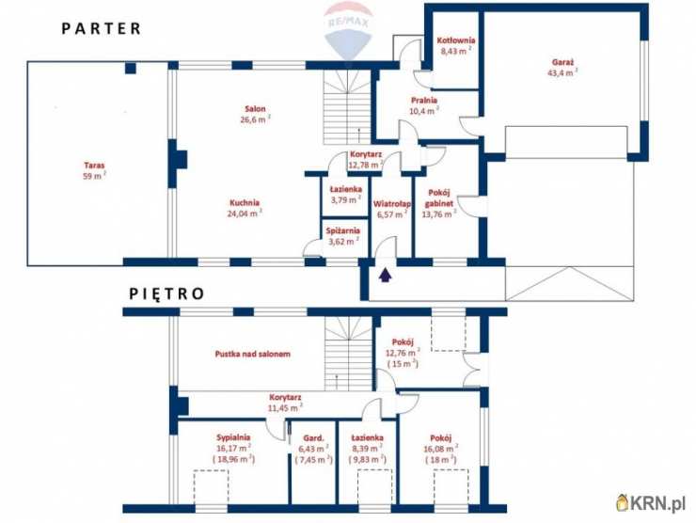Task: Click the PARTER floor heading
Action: (x=102, y=28)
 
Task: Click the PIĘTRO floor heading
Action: (x=166, y=293)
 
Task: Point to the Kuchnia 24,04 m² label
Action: (x=243, y=208)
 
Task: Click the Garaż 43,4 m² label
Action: (x=564, y=67)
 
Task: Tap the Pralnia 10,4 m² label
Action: (x=423, y=104)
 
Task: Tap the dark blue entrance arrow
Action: (x=384, y=275)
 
